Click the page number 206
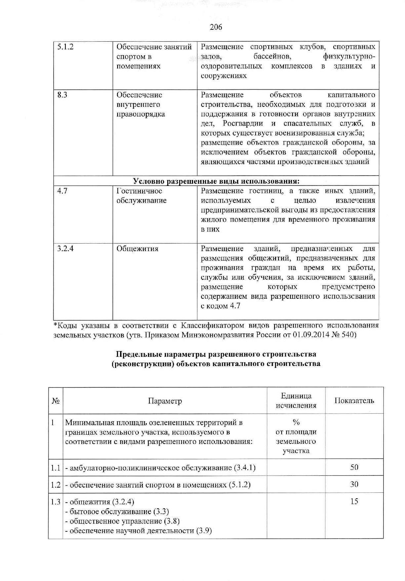(x=216, y=27)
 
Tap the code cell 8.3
(x=62, y=95)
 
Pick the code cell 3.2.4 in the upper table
(x=65, y=248)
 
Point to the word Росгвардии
(x=243, y=124)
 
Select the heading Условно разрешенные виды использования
(x=216, y=181)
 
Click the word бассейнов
(x=272, y=57)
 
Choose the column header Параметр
(x=165, y=401)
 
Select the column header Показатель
(x=354, y=401)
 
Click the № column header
(x=56, y=401)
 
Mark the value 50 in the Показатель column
(x=354, y=467)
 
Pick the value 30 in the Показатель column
(x=354, y=484)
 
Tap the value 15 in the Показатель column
(x=354, y=501)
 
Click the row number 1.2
(x=56, y=485)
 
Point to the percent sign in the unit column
(x=296, y=423)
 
